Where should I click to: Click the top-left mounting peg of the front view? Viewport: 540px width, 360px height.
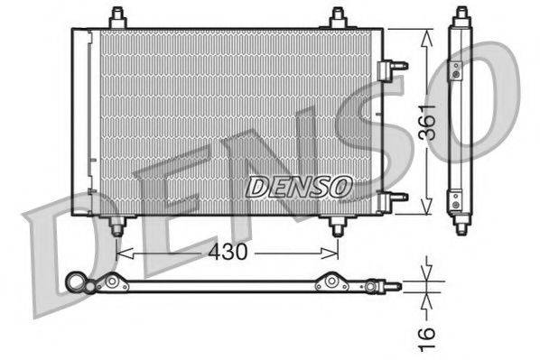click(116, 18)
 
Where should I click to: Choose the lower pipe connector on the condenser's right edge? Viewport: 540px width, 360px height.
click(394, 197)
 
